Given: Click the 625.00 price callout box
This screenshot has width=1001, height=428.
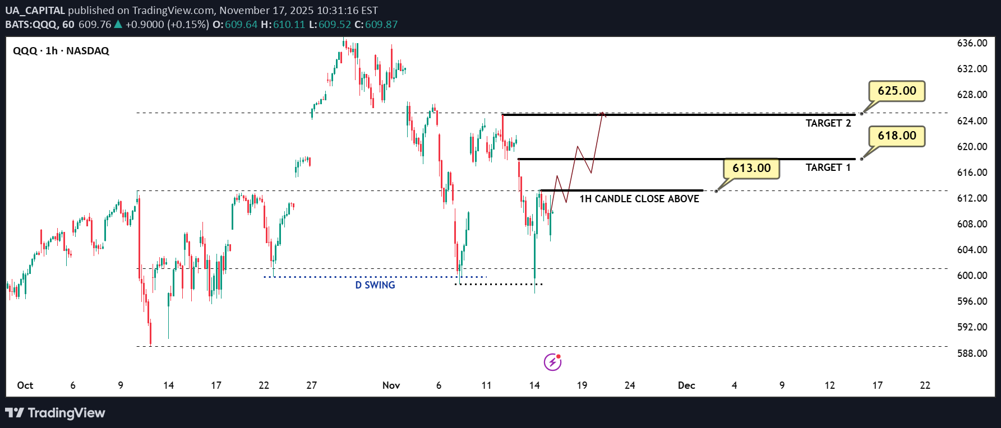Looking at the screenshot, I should click(897, 91).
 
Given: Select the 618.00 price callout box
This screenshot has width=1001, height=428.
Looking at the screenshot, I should click(897, 136).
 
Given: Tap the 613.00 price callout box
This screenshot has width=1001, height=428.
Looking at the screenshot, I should click(751, 168).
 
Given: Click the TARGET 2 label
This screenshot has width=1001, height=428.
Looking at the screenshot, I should click(828, 123).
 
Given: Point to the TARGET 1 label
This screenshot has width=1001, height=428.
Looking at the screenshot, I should click(828, 168).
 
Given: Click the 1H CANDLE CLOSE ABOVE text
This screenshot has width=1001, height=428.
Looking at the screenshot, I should click(639, 199).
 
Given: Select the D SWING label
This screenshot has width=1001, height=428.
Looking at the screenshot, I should click(375, 285).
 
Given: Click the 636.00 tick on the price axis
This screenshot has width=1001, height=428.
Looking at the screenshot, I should click(972, 43).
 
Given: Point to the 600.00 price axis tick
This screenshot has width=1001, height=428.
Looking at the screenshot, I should click(972, 276).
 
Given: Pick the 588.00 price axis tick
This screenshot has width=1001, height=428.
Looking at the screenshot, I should click(972, 353).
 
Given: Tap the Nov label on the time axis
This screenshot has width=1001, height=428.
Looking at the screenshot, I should click(391, 385).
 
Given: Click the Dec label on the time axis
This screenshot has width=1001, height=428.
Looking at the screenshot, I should click(686, 385).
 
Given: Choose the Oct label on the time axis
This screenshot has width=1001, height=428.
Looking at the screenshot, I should click(25, 385).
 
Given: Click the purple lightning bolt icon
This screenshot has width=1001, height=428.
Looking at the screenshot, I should click(552, 362).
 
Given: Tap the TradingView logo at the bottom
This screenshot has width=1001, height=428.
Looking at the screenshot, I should click(55, 413).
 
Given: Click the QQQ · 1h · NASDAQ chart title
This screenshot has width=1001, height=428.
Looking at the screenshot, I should click(61, 51).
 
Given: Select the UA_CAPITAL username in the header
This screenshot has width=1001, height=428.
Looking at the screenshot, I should click(35, 11).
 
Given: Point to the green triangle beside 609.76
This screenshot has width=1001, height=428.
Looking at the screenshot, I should click(118, 25).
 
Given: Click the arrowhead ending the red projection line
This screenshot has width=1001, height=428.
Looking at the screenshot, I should click(603, 114).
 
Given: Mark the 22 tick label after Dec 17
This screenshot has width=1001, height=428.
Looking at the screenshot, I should click(925, 385).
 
